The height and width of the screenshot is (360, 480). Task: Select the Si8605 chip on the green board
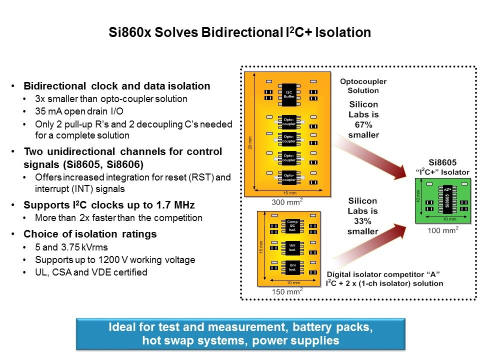tap(447, 198)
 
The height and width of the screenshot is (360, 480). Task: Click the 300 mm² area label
tap(286, 202)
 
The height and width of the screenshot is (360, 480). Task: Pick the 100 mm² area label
tap(443, 230)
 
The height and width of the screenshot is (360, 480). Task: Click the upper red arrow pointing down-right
tap(372, 156)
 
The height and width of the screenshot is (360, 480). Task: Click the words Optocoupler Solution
tap(363, 85)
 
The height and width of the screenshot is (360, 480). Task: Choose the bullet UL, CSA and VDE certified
tap(91, 272)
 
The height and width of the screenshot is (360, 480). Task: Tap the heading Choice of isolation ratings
tap(90, 234)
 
